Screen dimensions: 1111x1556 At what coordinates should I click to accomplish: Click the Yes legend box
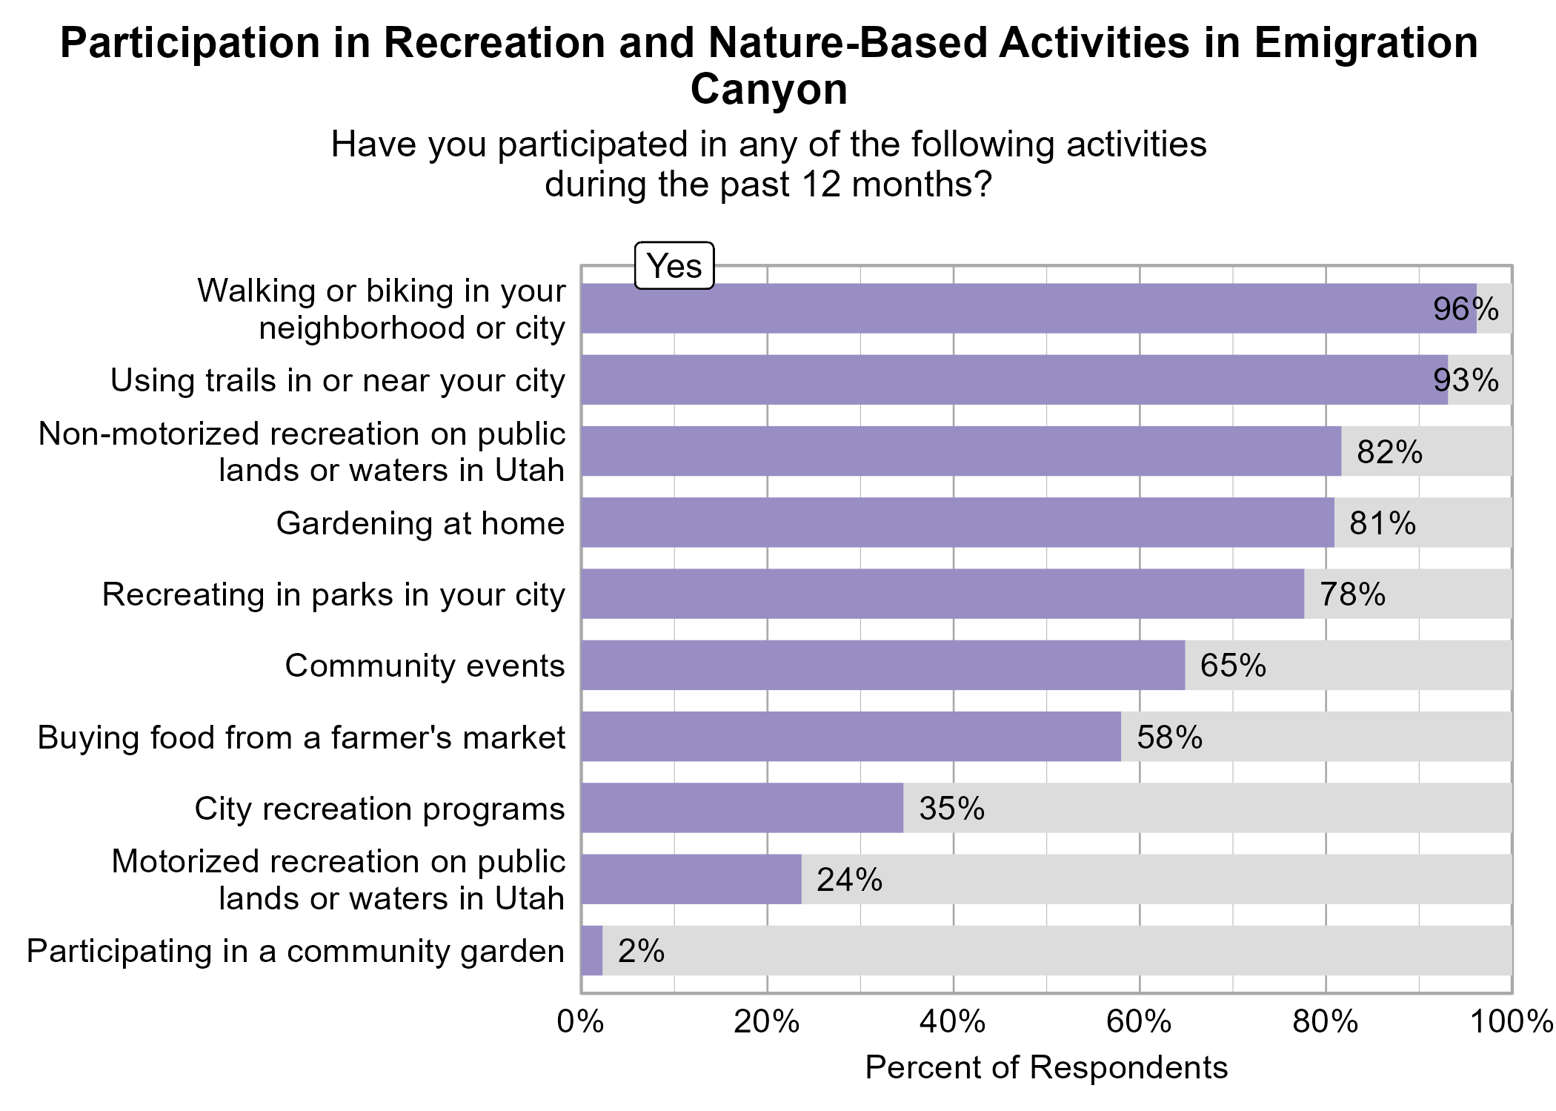[674, 265]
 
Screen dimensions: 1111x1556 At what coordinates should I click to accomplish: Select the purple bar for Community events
[882, 665]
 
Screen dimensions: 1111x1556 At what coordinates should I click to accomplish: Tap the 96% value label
[1465, 308]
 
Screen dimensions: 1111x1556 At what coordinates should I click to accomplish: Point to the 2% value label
[641, 951]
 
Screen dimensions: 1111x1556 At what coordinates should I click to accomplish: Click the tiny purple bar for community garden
[592, 951]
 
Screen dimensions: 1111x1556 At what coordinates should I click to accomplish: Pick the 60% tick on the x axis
[1139, 1023]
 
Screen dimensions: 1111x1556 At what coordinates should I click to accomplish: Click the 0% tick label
[580, 1023]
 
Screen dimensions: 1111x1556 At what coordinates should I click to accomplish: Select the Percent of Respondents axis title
[1045, 1068]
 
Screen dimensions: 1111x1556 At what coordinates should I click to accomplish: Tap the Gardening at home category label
[420, 523]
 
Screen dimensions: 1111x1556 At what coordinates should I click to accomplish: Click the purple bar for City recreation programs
[741, 808]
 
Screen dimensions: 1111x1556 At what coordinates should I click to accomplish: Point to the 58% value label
[1169, 737]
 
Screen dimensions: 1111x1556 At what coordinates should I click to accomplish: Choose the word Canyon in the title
[768, 90]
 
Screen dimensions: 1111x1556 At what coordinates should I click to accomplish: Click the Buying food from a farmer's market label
[301, 737]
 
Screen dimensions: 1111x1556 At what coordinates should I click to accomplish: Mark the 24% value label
[849, 880]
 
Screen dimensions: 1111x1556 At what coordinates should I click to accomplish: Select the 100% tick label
[1510, 1023]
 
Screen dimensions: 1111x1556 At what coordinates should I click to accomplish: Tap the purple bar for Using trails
[1014, 379]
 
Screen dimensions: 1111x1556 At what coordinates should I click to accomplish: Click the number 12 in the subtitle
[822, 184]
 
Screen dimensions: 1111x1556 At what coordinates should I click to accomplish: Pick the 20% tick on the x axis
[767, 1023]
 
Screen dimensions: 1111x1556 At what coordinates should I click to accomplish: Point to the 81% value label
[1383, 523]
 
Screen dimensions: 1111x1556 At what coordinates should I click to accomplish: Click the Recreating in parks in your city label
[333, 594]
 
